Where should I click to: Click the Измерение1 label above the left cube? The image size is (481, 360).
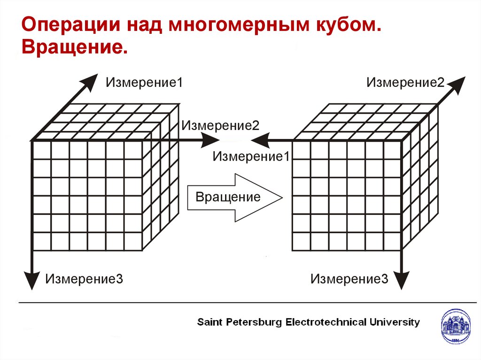[x=144, y=83]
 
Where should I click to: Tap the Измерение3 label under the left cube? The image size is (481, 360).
[x=84, y=279]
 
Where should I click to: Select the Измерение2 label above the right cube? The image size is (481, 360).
[x=405, y=83]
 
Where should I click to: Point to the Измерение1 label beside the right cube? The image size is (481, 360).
[x=251, y=156]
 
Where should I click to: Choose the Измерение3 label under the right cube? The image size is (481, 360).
[x=349, y=279]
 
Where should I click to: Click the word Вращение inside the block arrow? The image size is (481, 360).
[x=228, y=197]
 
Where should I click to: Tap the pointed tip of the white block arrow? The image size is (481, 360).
[x=281, y=197]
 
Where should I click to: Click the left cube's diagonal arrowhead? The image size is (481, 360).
[x=89, y=82]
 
